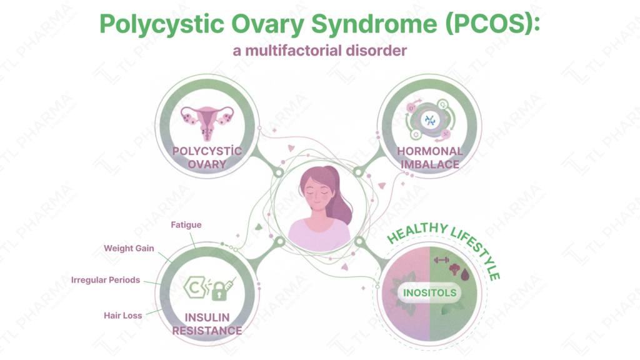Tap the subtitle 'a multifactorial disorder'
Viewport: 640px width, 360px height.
[319, 51]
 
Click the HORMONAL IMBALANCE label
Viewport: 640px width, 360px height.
[431, 157]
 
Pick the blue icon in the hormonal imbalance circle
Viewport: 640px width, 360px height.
[430, 121]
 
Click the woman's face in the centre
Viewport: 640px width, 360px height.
[316, 194]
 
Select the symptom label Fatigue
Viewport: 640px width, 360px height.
[186, 225]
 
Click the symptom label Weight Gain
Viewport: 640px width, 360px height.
[129, 248]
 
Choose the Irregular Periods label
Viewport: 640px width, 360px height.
[106, 280]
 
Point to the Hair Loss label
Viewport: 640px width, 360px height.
[123, 316]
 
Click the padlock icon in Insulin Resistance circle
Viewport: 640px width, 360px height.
[219, 289]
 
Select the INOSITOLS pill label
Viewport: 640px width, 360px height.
[430, 292]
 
